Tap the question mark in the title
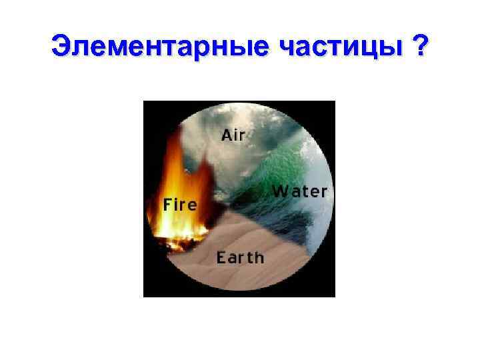pos(420,48)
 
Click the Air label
pos(233,135)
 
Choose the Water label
pos(300,192)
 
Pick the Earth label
pos(240,257)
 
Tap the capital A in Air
pos(226,135)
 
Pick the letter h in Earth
pos(259,256)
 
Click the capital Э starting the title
pos(59,48)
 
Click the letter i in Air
pos(235,135)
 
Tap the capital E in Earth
pos(221,257)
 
